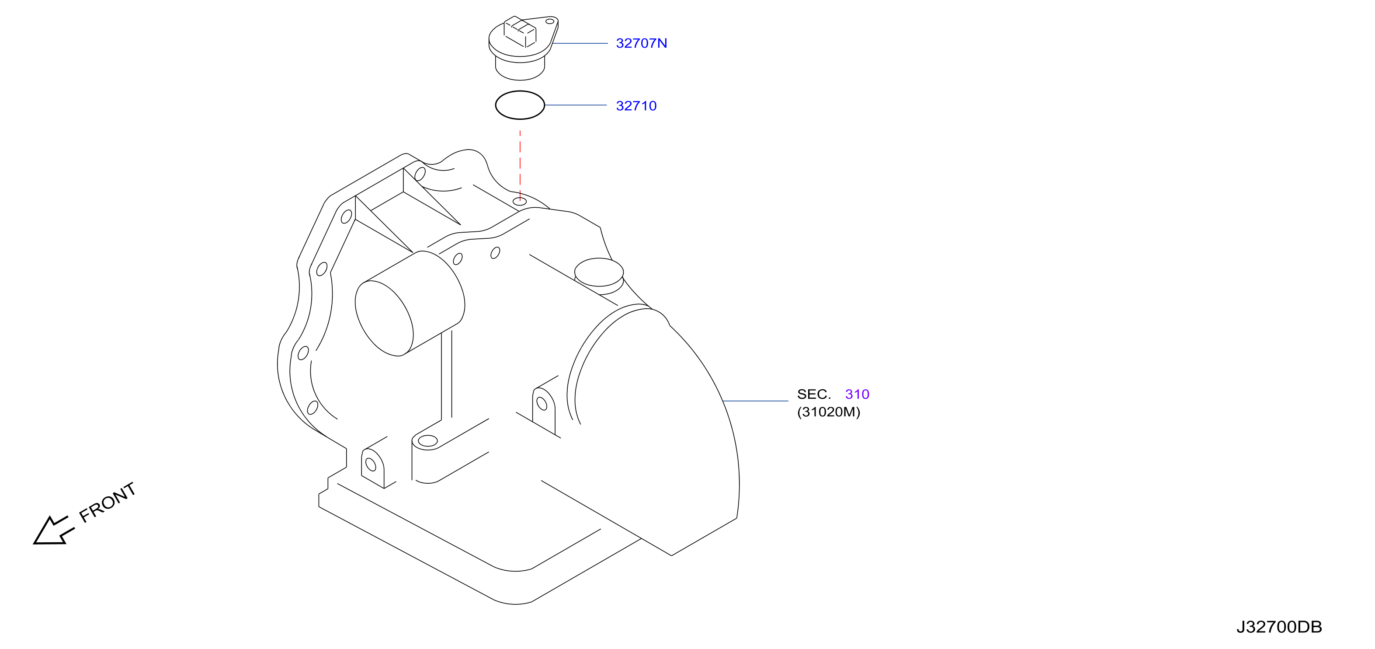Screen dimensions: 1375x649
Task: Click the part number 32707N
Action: coord(641,43)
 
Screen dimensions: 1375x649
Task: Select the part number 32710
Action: coord(636,106)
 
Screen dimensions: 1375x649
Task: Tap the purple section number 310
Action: coord(857,394)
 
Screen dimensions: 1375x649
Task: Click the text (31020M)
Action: coord(828,412)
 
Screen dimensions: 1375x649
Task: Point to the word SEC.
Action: coord(814,394)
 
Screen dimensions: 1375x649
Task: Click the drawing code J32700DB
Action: coord(1279,627)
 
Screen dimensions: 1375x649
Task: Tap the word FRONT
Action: coord(107,502)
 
